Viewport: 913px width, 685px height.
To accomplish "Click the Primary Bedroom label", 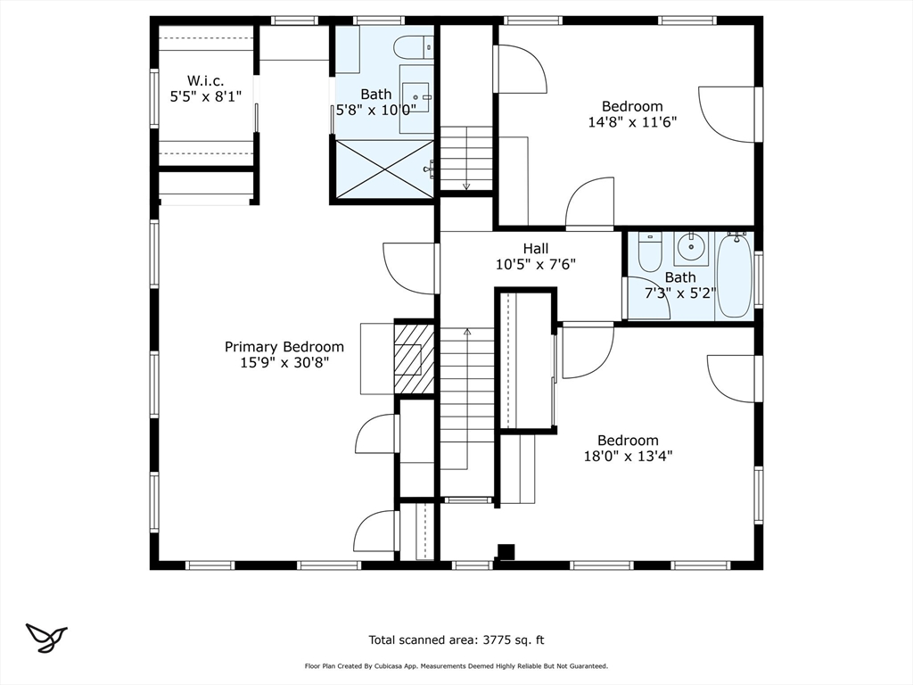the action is pyautogui.click(x=284, y=347).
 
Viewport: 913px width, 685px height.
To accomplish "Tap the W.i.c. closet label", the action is pyautogui.click(x=206, y=81).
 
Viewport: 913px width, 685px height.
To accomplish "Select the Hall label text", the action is pyautogui.click(x=536, y=249).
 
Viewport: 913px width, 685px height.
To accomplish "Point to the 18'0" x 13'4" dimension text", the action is pyautogui.click(x=629, y=456).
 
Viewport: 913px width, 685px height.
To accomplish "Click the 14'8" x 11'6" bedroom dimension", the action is pyautogui.click(x=632, y=121).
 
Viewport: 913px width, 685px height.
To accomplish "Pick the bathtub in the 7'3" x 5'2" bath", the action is pyautogui.click(x=735, y=275).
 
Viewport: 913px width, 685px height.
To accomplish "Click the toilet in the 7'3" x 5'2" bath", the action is pyautogui.click(x=650, y=252).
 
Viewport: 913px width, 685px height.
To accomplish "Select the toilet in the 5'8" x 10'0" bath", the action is pyautogui.click(x=414, y=47).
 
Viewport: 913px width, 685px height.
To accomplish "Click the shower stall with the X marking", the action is pyautogui.click(x=384, y=169).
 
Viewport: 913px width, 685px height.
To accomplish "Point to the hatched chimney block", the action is pyautogui.click(x=414, y=358).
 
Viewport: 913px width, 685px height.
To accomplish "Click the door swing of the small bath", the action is pyautogui.click(x=646, y=298).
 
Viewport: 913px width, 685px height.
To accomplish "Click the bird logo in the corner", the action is pyautogui.click(x=46, y=638).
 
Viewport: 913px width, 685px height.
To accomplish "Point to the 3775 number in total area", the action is pyautogui.click(x=497, y=640).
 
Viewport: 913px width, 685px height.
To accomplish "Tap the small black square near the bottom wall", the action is pyautogui.click(x=506, y=552).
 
